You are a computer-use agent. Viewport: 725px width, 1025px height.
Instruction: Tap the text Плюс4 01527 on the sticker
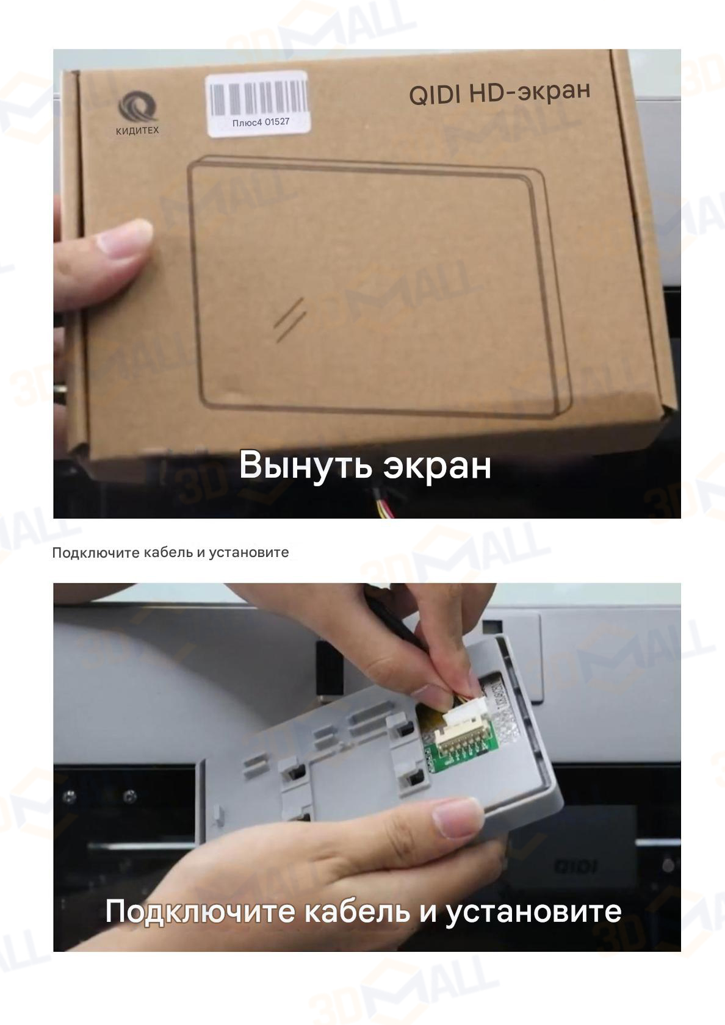261,122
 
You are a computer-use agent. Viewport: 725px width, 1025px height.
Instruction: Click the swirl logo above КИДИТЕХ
137,107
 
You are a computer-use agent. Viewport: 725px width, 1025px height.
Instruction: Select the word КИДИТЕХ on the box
137,131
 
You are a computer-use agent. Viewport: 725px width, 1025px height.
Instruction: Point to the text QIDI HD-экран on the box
499,93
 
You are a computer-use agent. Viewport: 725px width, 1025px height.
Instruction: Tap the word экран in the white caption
438,467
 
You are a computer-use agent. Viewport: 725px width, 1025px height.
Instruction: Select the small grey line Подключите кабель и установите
170,552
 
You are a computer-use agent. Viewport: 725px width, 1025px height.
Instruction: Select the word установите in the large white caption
533,912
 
